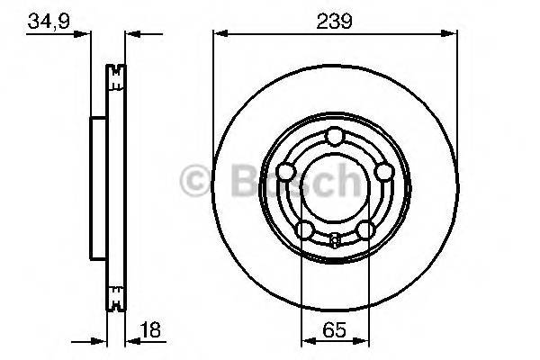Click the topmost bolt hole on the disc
pos(334,136)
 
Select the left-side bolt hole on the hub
pos(285,172)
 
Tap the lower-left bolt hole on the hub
pos(304,230)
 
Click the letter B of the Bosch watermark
pos(231,181)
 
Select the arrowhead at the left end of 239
pos(219,34)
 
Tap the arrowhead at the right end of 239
pos(448,34)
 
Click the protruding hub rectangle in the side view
pos(97,184)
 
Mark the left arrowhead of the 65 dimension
pos(306,339)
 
